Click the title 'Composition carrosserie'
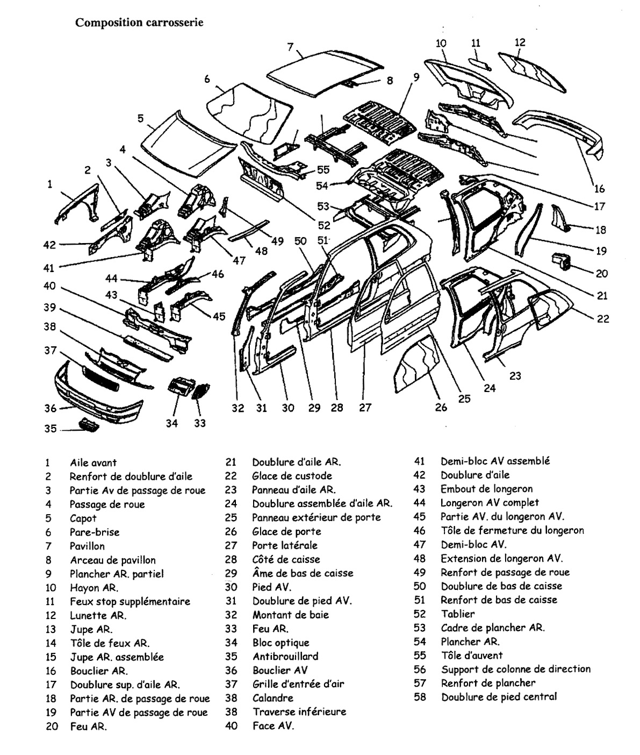point(139,23)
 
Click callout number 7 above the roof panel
point(291,47)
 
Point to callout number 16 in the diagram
point(600,188)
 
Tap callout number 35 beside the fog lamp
point(50,429)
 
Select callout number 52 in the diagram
point(324,226)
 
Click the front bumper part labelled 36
point(97,395)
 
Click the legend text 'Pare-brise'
point(95,532)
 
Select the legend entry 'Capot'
point(83,518)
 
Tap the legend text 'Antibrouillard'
point(285,656)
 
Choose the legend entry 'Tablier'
point(458,614)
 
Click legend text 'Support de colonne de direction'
point(516,669)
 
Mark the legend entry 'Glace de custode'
point(292,476)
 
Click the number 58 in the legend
point(420,697)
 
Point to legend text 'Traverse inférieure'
point(299,712)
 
